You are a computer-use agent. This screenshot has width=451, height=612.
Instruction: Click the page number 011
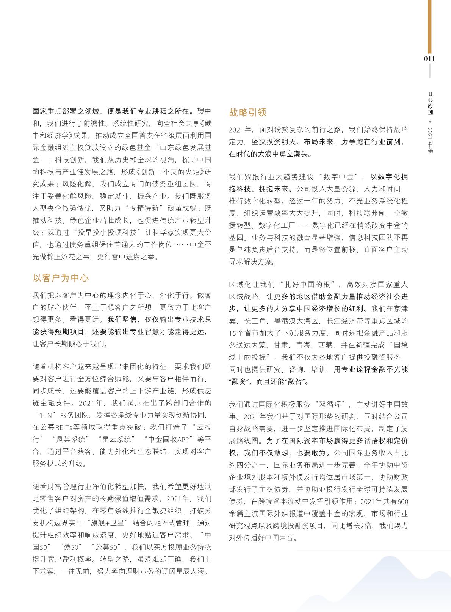pos(429,58)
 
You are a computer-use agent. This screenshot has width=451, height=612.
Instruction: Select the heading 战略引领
pos(247,112)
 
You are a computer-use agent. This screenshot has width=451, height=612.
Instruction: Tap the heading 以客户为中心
pos(61,278)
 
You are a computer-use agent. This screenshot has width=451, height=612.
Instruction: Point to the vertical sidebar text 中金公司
pos(430,103)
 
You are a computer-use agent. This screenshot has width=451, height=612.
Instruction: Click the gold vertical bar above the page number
pos(429,27)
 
